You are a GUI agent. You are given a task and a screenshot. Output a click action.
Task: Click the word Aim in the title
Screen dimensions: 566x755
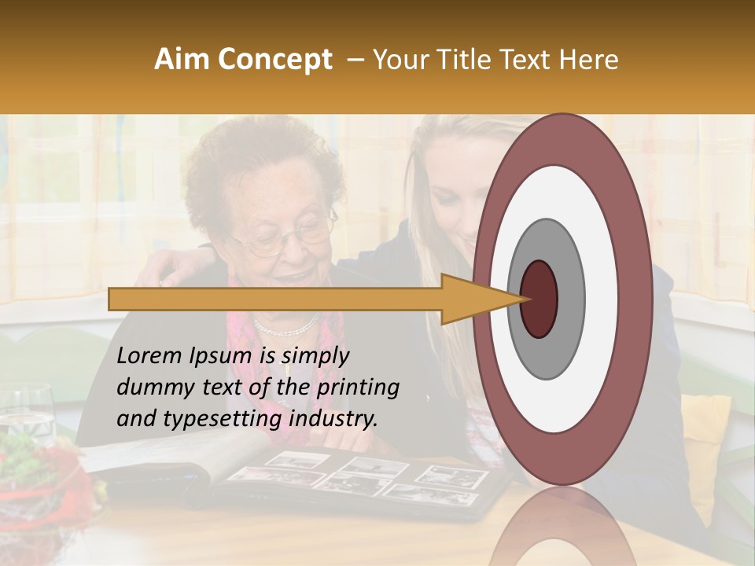(x=182, y=60)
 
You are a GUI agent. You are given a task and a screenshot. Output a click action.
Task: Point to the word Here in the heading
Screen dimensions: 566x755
(x=590, y=60)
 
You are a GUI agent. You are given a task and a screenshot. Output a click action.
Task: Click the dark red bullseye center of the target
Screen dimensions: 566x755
(x=539, y=299)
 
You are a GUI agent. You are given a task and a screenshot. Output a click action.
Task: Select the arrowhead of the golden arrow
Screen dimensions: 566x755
(x=472, y=299)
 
